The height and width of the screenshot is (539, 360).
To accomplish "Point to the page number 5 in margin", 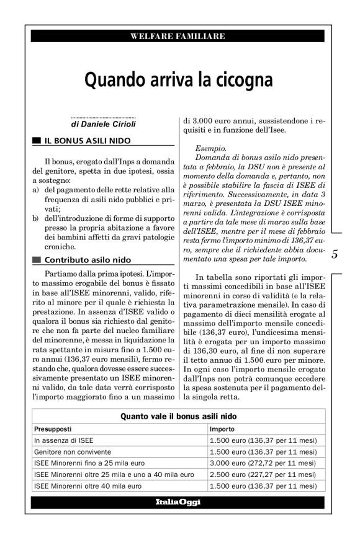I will (x=335, y=254).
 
